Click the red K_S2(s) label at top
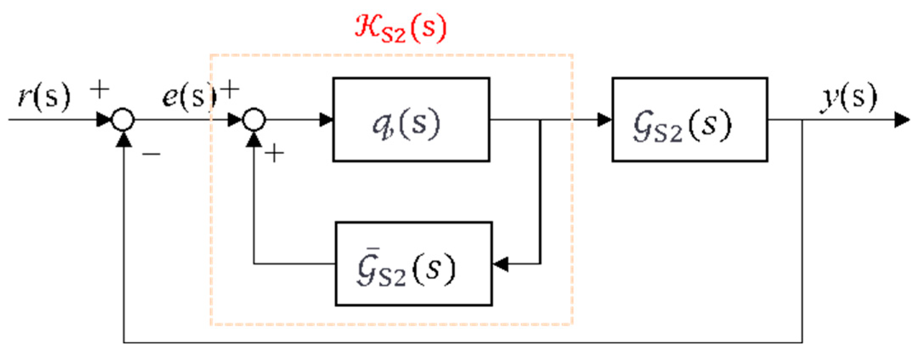400,28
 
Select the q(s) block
411,119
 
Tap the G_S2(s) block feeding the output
689,119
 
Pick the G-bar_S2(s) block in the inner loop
413,264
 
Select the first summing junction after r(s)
123,120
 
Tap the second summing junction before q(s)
254,120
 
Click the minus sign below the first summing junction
151,154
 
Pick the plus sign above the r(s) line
100,90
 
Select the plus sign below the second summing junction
274,153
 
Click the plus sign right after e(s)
229,90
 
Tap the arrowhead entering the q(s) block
326,120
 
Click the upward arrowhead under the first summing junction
124,139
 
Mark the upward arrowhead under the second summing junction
254,139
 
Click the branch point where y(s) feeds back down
802,120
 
